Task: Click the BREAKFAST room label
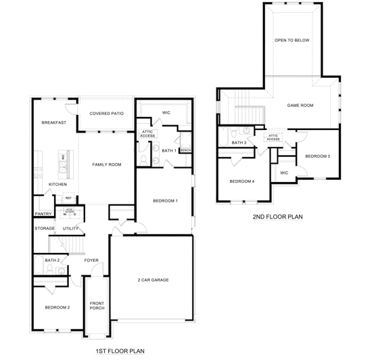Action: [x=53, y=122]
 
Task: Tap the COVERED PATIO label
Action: [x=105, y=114]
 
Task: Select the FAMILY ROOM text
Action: [x=106, y=164]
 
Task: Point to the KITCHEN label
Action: [x=58, y=185]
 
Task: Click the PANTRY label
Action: [x=43, y=214]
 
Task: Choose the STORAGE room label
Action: [x=45, y=229]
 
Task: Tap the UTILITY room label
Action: [x=71, y=229]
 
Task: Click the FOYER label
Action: [x=91, y=260]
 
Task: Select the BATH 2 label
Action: [x=52, y=260]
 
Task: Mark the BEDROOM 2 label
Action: [x=57, y=307]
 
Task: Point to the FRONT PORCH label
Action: [x=97, y=305]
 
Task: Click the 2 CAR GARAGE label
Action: [x=153, y=279]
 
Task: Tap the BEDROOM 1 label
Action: [x=165, y=201]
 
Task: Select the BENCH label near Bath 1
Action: [x=185, y=150]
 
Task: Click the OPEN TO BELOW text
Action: [x=291, y=40]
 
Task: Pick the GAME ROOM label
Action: [x=300, y=105]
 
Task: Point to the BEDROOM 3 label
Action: [x=317, y=156]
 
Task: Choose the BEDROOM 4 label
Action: [x=241, y=181]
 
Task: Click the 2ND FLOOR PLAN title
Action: [x=277, y=217]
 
